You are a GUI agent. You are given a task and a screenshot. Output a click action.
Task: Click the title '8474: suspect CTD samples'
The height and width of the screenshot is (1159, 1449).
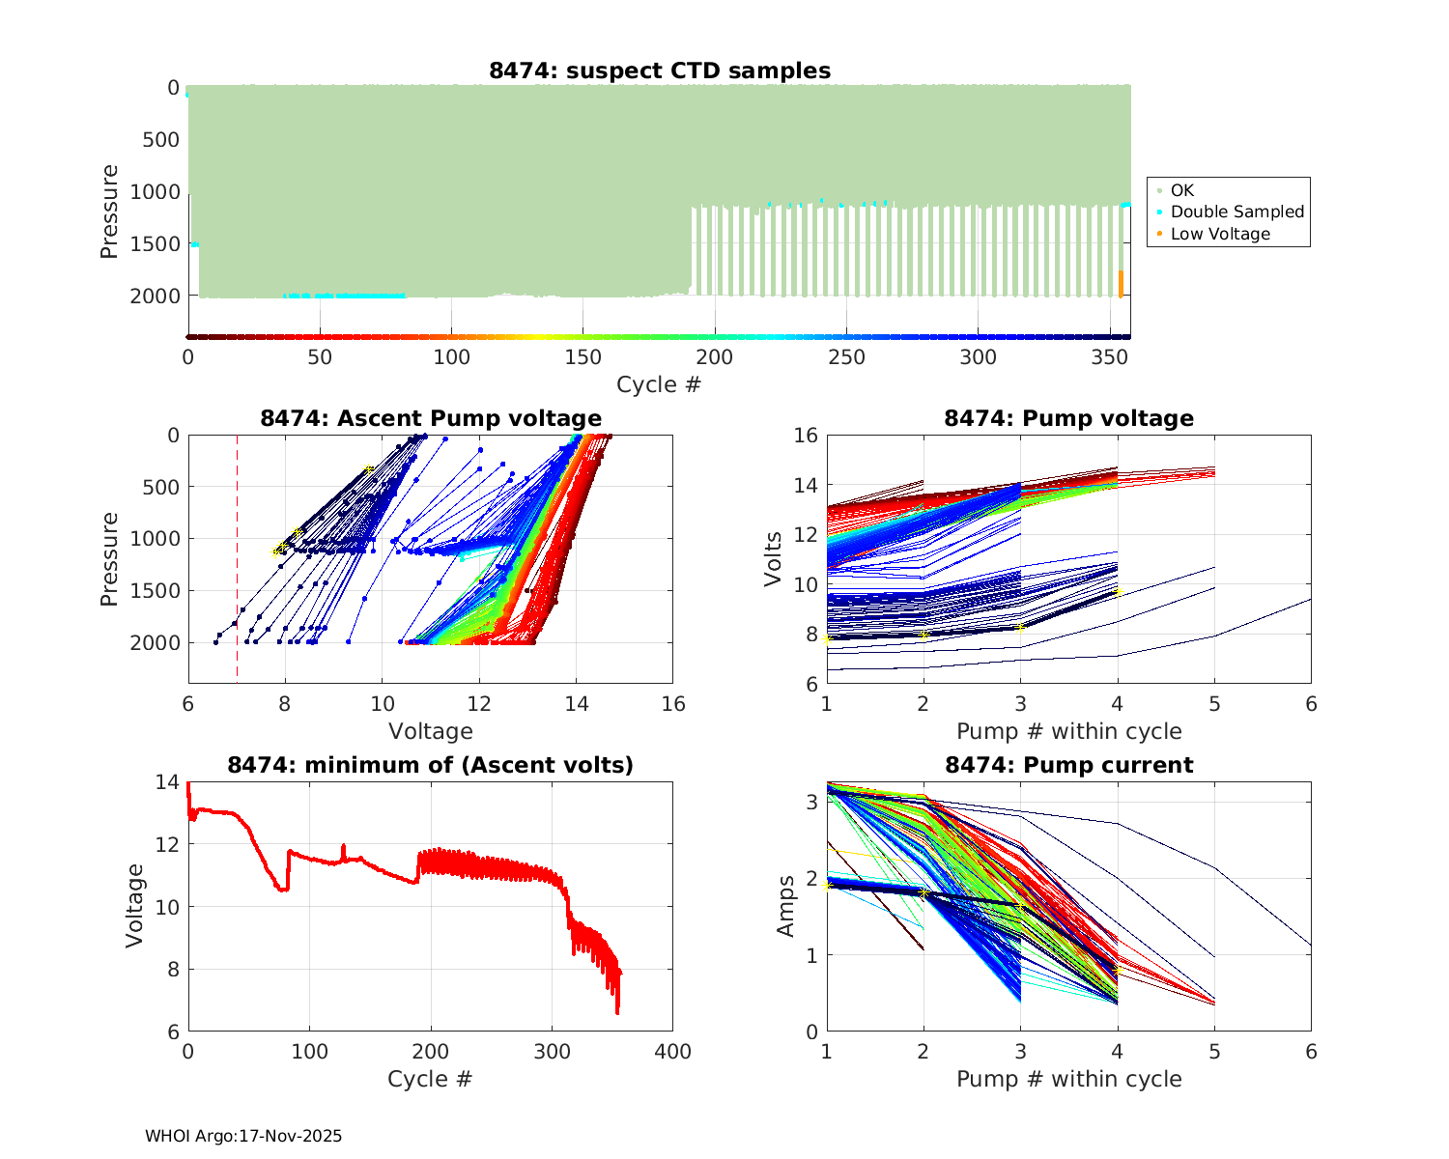tap(660, 71)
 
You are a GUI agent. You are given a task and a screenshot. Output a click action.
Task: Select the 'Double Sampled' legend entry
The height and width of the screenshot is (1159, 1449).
tap(1236, 212)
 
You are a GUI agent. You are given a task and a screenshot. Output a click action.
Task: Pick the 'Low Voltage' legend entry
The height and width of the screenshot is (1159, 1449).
tap(1220, 234)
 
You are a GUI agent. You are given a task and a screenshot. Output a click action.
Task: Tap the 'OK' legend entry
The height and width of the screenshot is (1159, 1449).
tap(1182, 190)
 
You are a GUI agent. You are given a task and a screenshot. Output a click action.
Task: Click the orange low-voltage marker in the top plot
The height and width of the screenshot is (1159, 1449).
tap(1121, 284)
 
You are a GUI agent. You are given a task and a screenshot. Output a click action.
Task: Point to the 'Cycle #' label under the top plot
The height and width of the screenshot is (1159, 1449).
tap(659, 384)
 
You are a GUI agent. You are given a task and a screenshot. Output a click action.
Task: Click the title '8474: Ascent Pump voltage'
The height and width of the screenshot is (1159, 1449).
tap(431, 418)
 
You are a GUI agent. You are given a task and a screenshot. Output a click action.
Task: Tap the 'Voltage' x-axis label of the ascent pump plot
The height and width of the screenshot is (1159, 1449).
tap(431, 731)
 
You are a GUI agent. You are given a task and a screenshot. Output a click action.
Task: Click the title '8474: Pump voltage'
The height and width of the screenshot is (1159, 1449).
tap(1068, 418)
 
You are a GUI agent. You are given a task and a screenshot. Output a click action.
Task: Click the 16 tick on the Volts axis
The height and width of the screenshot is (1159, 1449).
tap(807, 436)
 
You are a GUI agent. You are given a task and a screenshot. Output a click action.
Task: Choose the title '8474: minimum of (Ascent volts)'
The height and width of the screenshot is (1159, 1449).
tap(431, 765)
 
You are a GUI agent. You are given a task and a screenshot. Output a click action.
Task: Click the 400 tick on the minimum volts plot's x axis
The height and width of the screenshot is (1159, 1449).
tap(672, 1052)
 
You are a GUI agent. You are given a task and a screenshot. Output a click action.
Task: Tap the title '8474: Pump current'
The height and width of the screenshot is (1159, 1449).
tap(1068, 765)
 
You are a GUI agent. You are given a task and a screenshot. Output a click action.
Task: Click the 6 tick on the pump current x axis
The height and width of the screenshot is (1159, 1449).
tap(1311, 1052)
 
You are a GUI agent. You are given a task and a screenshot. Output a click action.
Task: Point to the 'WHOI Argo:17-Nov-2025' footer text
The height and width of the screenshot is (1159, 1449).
tap(243, 1136)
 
